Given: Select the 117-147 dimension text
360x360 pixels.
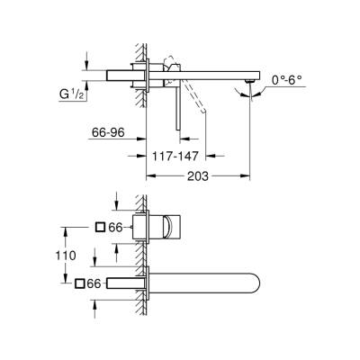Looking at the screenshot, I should tap(174, 156).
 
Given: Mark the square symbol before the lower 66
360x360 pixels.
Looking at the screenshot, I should tap(82, 283).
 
